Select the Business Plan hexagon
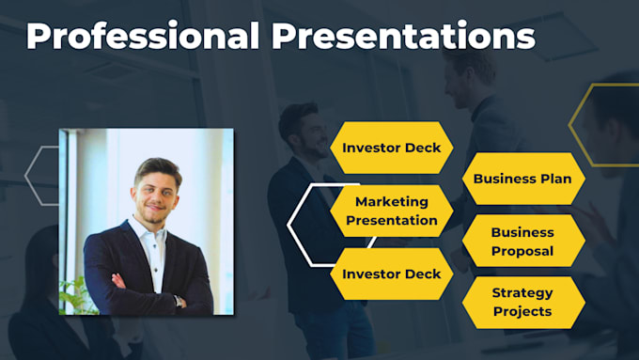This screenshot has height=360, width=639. click(x=522, y=179)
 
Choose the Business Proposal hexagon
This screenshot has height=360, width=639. click(x=522, y=242)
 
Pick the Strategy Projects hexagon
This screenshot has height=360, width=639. click(x=522, y=303)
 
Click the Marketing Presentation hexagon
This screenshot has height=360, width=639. click(x=392, y=211)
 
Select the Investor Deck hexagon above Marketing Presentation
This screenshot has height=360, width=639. click(x=391, y=148)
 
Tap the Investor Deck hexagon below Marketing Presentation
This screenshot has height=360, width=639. click(x=391, y=274)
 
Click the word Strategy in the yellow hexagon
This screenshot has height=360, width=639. click(x=522, y=293)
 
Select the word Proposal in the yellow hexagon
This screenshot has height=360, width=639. click(x=522, y=251)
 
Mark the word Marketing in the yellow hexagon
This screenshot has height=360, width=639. click(x=392, y=202)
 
